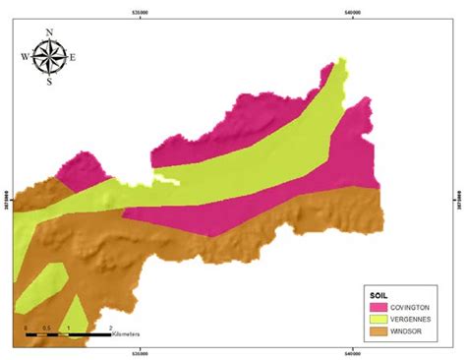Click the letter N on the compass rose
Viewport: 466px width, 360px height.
click(x=49, y=31)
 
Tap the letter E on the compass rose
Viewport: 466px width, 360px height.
click(x=73, y=56)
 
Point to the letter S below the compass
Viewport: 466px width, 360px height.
click(x=49, y=82)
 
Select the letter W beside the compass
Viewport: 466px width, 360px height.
click(x=26, y=56)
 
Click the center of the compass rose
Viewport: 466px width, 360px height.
click(x=49, y=56)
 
